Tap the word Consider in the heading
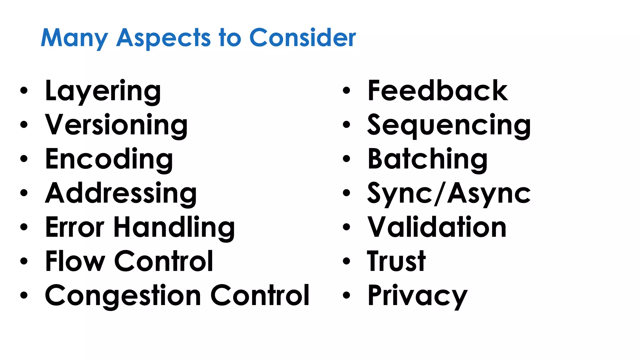pyautogui.click(x=302, y=38)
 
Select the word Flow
pyautogui.click(x=75, y=261)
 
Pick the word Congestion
pyautogui.click(x=123, y=296)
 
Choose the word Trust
pyautogui.click(x=396, y=261)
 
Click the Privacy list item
pyautogui.click(x=417, y=296)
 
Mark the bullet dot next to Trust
pyautogui.click(x=346, y=262)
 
